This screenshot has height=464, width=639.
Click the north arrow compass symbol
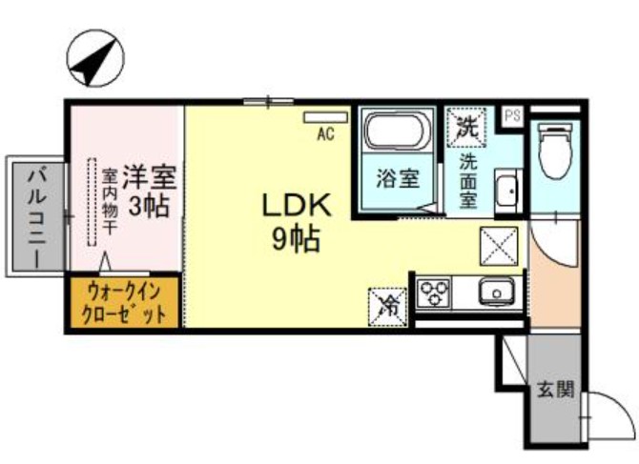point(93,59)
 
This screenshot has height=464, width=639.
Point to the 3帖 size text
point(150,207)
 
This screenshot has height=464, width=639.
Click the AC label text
point(325,134)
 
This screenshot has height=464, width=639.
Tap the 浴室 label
point(397,179)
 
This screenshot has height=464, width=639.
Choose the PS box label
point(513,115)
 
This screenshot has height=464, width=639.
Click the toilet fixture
point(553,152)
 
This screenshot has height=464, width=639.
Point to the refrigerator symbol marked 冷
point(387,304)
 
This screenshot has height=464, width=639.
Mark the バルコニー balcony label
point(36,217)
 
